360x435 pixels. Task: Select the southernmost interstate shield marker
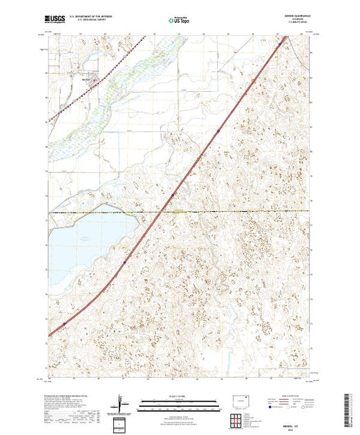64,323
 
